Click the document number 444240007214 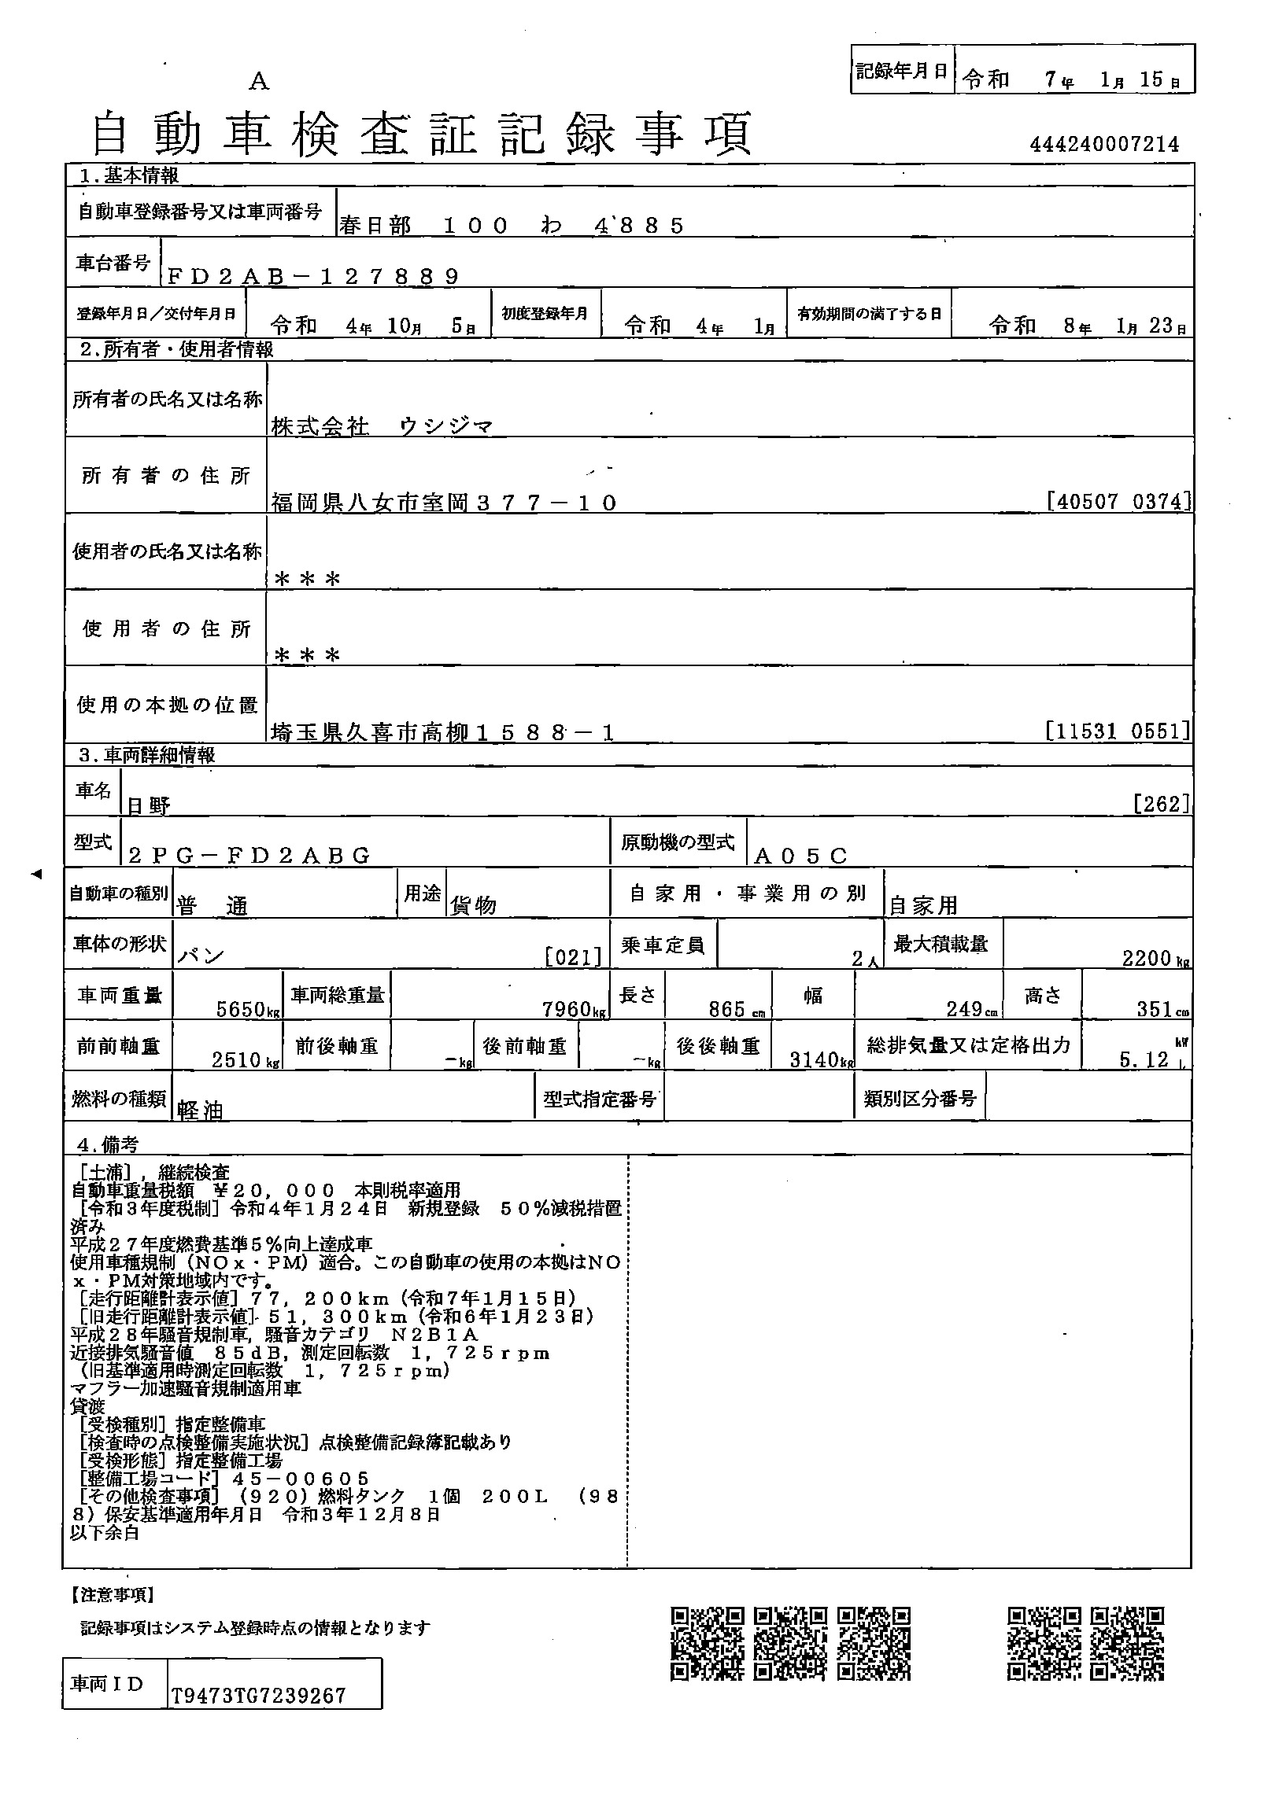coord(1104,144)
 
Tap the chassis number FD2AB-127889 coord(312,276)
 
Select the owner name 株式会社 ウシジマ coord(382,427)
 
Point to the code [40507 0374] coord(1118,501)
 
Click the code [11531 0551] coord(1118,731)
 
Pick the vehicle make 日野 coord(149,806)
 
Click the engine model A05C coord(801,856)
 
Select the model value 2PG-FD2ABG coord(249,856)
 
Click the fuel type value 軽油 coord(199,1111)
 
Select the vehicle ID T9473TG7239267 coord(259,1696)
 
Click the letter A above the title coord(259,82)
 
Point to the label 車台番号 coord(113,263)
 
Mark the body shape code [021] coord(573,958)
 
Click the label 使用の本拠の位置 coord(166,705)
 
